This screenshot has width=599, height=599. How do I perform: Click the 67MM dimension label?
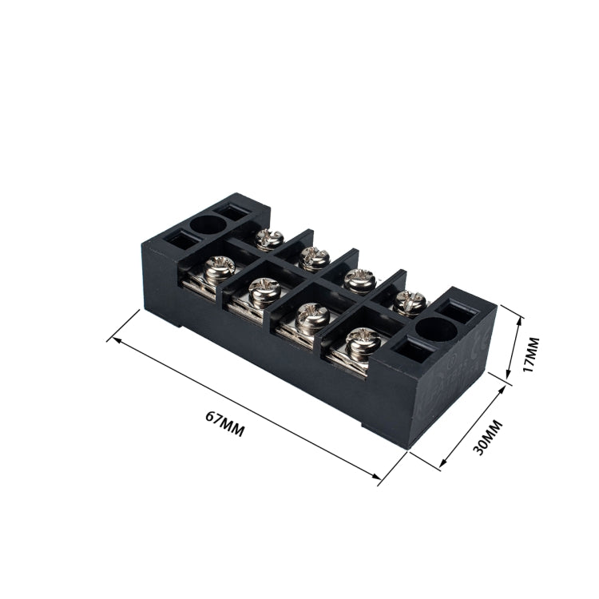(x=224, y=422)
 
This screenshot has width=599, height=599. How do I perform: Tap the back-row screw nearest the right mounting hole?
(x=411, y=301)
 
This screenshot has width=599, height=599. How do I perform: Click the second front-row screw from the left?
(x=262, y=291)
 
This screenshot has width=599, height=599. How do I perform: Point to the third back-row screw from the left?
(x=359, y=279)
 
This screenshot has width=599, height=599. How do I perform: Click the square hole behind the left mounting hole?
(x=237, y=212)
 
